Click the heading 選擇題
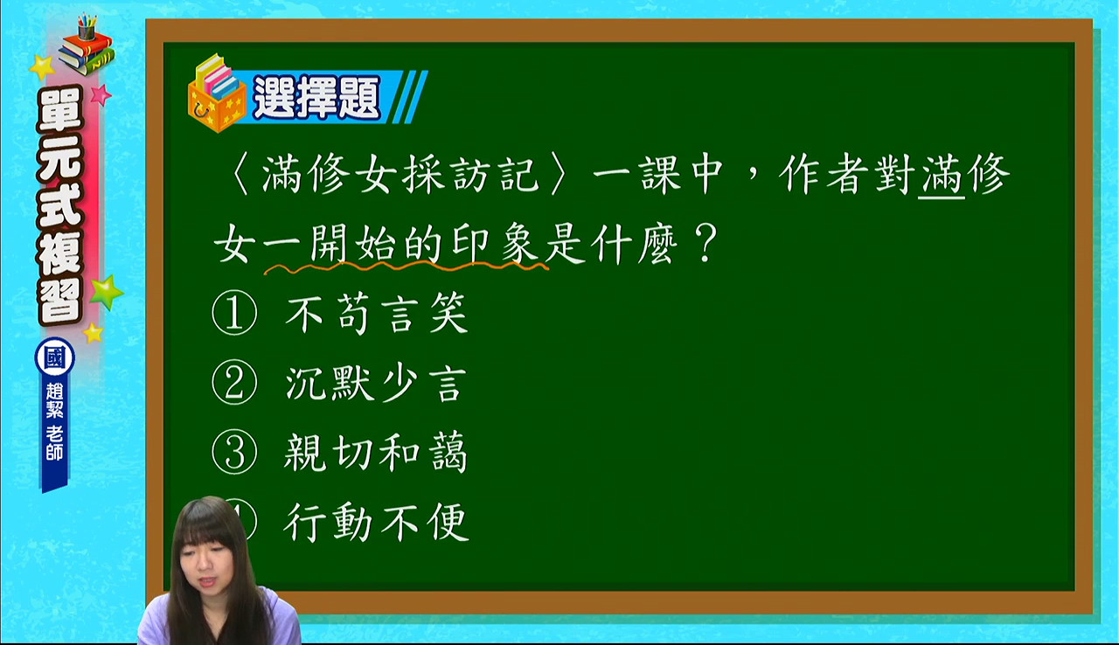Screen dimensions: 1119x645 click(316, 98)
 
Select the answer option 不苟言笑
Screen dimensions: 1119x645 click(376, 314)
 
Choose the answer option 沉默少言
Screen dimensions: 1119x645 click(375, 384)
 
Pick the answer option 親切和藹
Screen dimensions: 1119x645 click(375, 453)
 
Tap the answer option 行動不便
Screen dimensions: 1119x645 click(376, 522)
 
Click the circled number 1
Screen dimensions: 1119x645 click(234, 313)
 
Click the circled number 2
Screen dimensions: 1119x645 click(234, 383)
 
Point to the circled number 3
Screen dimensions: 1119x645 click(234, 453)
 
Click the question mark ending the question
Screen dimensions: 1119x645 click(705, 244)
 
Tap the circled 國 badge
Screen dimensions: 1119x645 click(55, 358)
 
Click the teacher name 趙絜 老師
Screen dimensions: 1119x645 click(54, 421)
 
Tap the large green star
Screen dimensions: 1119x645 click(107, 292)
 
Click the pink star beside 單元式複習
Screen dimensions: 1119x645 click(101, 94)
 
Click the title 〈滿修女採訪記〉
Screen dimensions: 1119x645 click(398, 174)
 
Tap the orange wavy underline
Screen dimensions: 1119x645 click(407, 268)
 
